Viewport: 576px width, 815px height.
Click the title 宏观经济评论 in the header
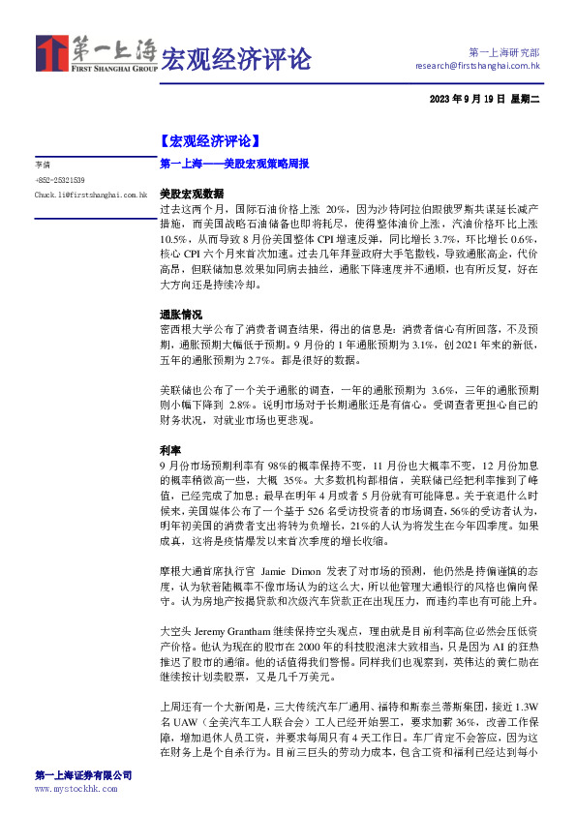pos(236,58)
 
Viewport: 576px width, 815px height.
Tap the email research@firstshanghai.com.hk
pos(476,66)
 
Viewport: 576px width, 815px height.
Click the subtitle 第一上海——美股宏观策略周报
pos(233,166)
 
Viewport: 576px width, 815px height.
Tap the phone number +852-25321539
pos(60,180)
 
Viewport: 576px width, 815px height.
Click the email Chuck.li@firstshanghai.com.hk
pos(90,195)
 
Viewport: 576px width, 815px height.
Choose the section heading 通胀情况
pos(181,316)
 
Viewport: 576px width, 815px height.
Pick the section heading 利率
pos(168,451)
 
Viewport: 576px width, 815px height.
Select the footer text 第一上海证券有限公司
pos(83,775)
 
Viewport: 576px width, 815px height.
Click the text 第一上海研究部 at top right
pos(503,51)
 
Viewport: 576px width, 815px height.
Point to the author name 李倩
pos(42,166)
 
